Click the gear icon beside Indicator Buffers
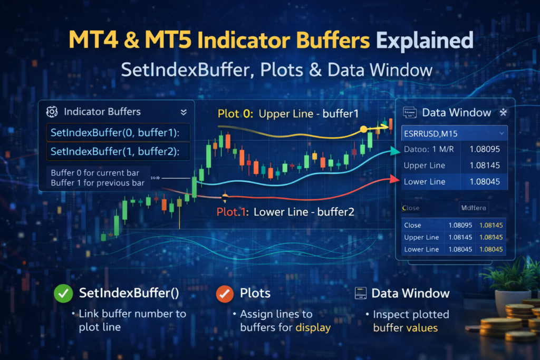[52, 112]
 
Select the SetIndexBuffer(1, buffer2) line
[115, 152]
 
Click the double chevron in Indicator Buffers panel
[184, 112]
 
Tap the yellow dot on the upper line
[363, 129]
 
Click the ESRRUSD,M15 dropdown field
[454, 133]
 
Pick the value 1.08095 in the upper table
[484, 149]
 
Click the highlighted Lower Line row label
[424, 182]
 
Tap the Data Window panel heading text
[456, 112]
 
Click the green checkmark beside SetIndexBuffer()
[63, 294]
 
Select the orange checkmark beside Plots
[225, 294]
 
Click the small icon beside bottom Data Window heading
[361, 293]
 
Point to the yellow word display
[313, 327]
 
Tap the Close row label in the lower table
[412, 225]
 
